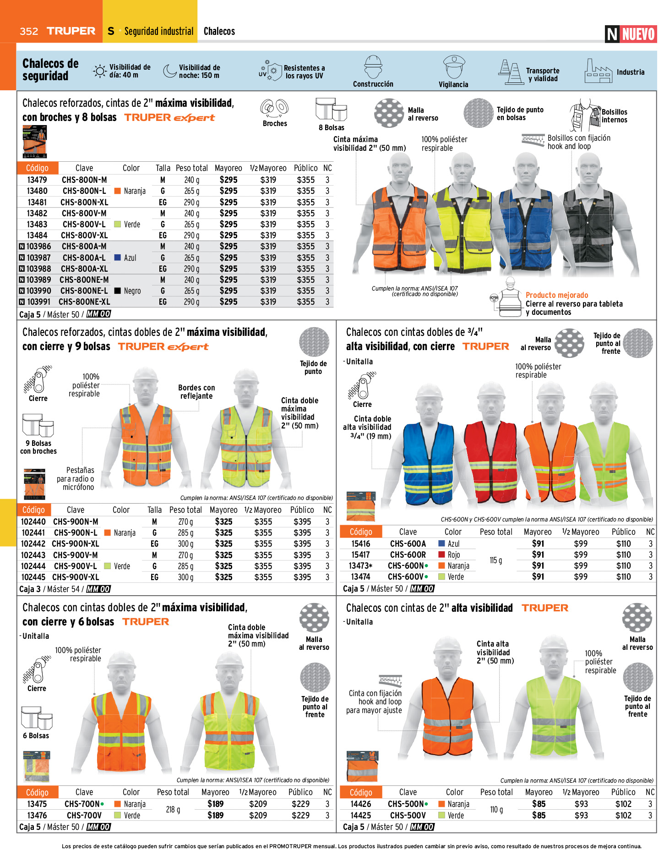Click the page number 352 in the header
click(x=29, y=31)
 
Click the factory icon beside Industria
click(x=598, y=71)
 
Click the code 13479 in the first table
click(x=37, y=180)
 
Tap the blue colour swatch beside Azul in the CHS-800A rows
click(x=117, y=258)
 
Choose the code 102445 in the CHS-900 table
click(x=33, y=577)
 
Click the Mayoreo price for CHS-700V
click(x=215, y=816)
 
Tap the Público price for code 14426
click(x=623, y=804)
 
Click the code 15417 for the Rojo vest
click(x=360, y=555)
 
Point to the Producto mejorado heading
click(x=556, y=296)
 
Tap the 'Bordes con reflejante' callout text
click(x=196, y=392)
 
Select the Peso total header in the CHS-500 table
click(x=496, y=792)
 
